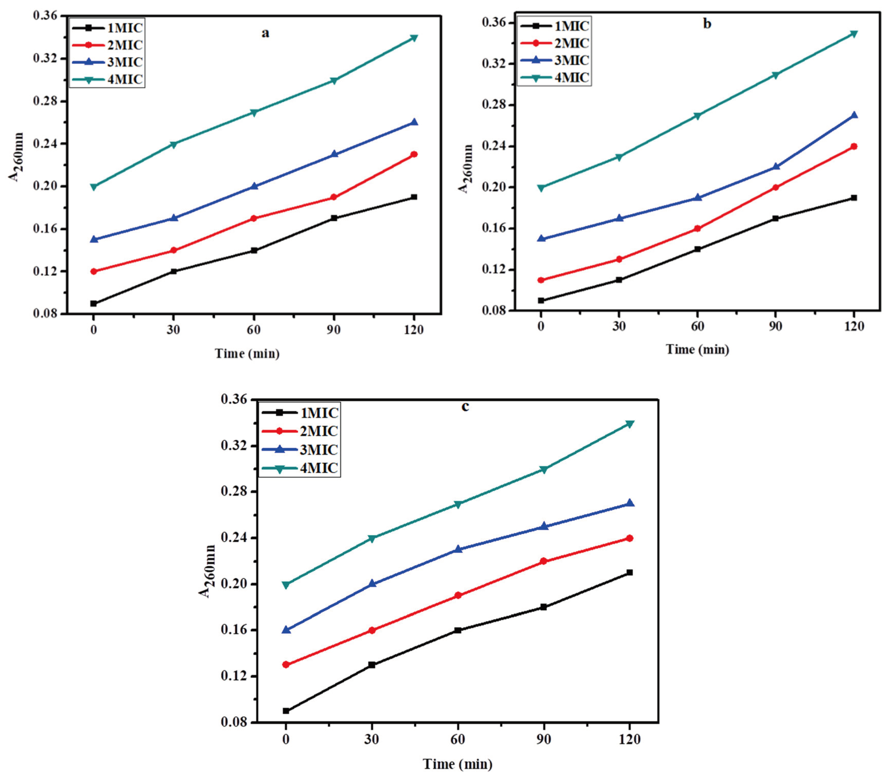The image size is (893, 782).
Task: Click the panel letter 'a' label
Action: (265, 34)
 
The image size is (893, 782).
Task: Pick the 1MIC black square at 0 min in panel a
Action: (93, 303)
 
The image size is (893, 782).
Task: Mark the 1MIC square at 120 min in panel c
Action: (629, 572)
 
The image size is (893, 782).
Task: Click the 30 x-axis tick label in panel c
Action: (371, 739)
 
